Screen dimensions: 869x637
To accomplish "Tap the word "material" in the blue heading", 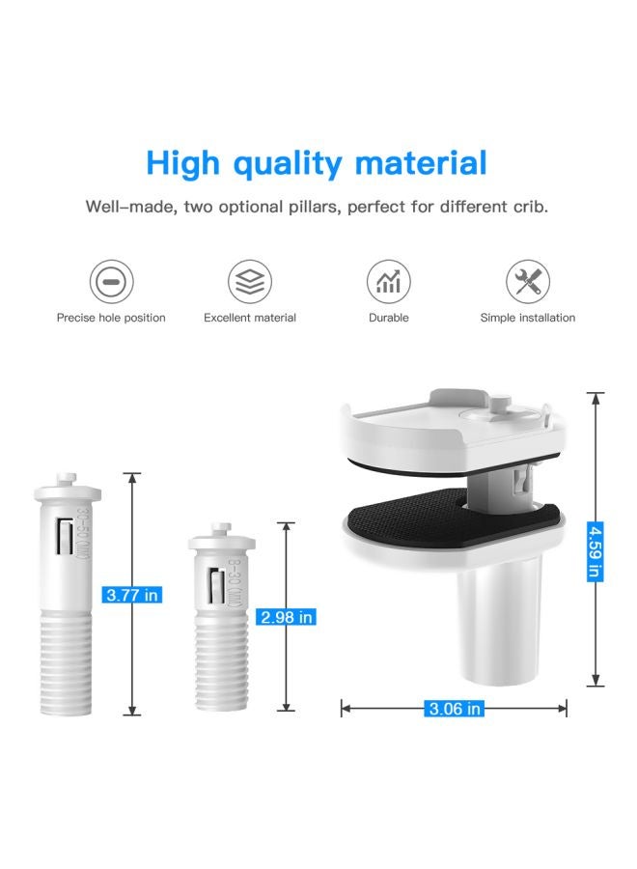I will tap(421, 162).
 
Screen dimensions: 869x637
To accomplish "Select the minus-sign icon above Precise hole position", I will tap(111, 282).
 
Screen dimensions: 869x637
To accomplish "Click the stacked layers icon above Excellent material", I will tap(249, 282).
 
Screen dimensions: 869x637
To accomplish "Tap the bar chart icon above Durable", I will tap(388, 282).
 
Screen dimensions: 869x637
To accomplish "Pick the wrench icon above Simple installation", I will tap(527, 282).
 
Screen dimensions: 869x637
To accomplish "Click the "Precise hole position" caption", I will tap(111, 318).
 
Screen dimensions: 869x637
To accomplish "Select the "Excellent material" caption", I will tap(250, 318).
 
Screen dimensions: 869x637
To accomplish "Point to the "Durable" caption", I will tap(388, 318).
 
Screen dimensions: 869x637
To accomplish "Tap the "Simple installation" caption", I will tap(527, 318).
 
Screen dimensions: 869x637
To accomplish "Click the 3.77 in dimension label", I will tap(132, 595).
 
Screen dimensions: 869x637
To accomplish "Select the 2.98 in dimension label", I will tap(286, 616).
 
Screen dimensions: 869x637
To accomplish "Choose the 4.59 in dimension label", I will tap(595, 551).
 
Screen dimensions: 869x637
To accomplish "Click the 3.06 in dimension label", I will tap(455, 709).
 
